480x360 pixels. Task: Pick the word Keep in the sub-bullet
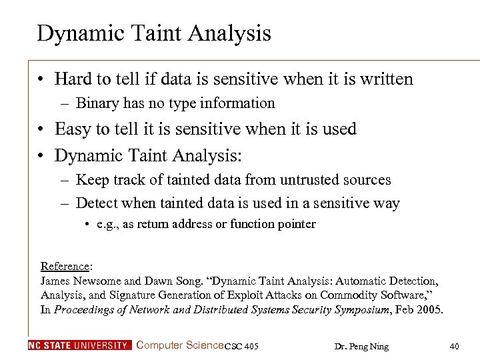click(x=92, y=180)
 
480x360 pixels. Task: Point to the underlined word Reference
click(x=65, y=265)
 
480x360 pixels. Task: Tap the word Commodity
click(x=349, y=295)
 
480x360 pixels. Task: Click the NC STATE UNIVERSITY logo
click(x=79, y=345)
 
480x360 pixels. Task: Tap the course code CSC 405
click(x=242, y=346)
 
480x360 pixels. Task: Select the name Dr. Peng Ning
click(x=361, y=346)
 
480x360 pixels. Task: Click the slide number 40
click(x=455, y=345)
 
